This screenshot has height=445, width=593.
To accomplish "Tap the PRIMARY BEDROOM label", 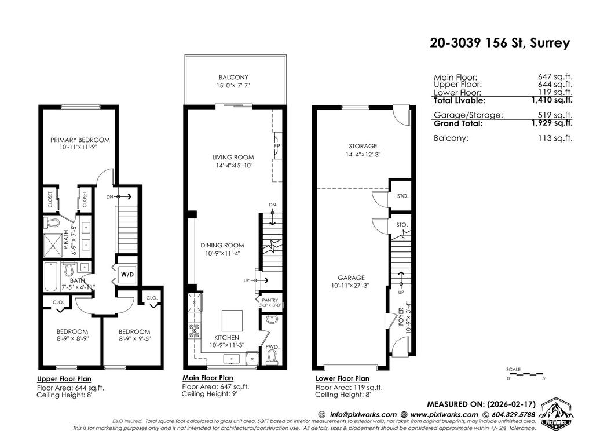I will coord(80,140).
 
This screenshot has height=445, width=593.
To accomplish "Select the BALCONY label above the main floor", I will coord(233,77).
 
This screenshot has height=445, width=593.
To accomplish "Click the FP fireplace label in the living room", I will coord(277,146).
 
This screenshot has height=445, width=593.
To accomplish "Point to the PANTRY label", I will coord(270,300).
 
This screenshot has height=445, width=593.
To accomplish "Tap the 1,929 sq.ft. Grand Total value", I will coord(554,123).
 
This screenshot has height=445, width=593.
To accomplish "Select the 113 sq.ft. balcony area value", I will coord(554,138).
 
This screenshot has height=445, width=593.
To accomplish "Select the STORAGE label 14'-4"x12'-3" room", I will coord(363,146).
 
